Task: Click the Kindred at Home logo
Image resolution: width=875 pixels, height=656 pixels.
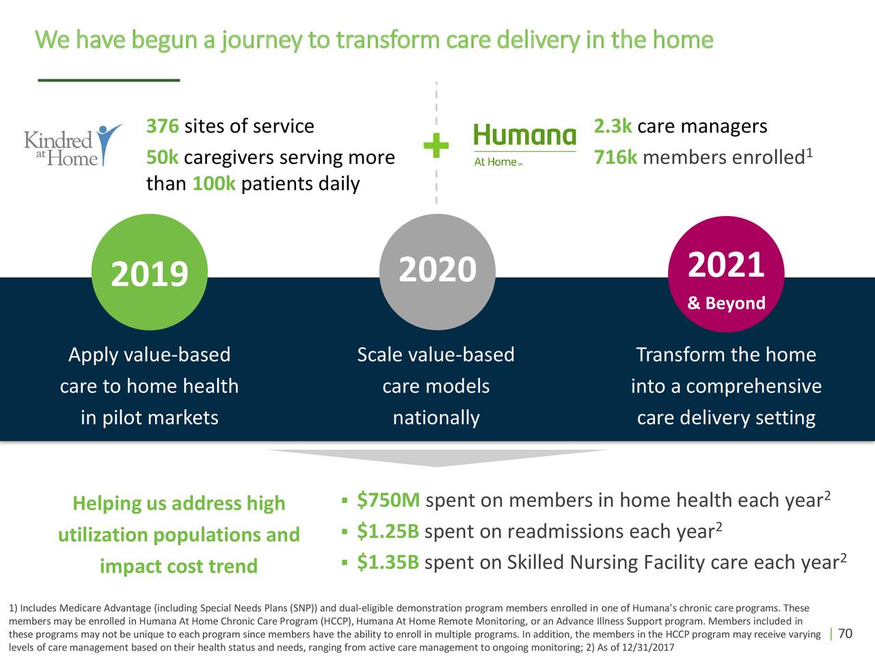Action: pos(73,146)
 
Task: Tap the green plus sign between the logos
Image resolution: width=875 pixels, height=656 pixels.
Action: pos(436,146)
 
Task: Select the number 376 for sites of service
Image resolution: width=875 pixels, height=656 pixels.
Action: pos(163,126)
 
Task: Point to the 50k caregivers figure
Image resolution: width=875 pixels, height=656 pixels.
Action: pos(163,158)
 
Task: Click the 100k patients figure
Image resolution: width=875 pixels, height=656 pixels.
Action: pos(214,184)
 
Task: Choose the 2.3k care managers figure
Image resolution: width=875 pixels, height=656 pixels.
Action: pos(612,126)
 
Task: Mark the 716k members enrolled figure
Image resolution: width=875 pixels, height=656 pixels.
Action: pos(615,158)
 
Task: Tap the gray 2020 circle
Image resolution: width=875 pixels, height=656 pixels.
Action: pos(437,272)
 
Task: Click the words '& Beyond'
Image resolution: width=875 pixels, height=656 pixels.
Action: pos(726,303)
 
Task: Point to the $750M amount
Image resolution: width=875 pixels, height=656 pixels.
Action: pos(388,500)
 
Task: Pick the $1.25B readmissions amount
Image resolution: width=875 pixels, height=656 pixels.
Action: pos(388,531)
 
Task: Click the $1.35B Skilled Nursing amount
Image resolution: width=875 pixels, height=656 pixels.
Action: pos(388,562)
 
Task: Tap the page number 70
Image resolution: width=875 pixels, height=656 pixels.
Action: pos(845,635)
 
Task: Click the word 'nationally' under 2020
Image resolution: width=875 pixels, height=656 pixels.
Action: pos(436,418)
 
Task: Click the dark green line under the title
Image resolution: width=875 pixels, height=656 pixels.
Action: pos(109,80)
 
